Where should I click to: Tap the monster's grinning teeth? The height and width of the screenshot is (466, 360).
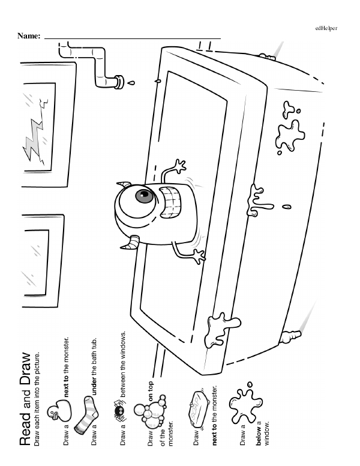(x=173, y=205)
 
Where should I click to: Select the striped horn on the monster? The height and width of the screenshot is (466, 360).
(x=131, y=244)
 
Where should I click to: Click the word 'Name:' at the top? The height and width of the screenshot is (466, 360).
(x=28, y=37)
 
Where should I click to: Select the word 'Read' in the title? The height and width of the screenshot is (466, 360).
(x=26, y=432)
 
